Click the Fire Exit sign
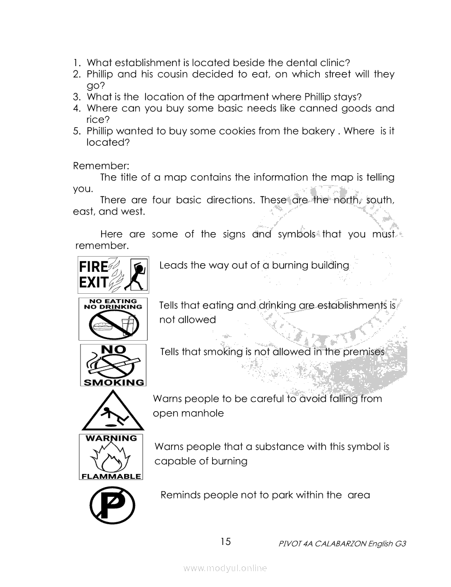113,275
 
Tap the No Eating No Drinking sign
113,319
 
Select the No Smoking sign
113,365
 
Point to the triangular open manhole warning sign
113,412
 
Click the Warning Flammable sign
112,457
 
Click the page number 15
226,542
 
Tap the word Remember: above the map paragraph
93,165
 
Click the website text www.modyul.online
225,568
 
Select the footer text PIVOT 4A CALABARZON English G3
342,544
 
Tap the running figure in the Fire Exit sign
137,275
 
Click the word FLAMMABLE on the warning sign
112,476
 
